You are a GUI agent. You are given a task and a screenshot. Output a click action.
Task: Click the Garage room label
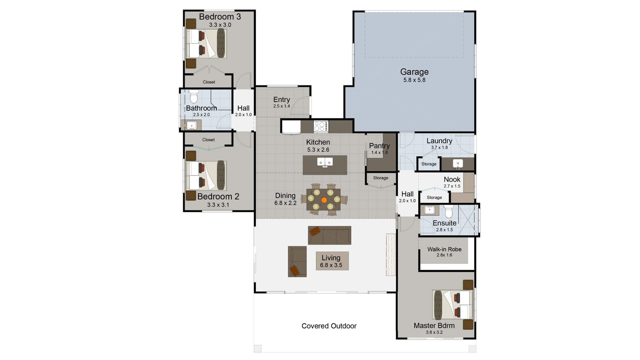coord(414,72)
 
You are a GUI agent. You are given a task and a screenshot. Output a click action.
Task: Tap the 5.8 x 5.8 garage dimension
coord(414,80)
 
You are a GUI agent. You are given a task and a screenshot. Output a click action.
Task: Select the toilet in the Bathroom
coord(194,96)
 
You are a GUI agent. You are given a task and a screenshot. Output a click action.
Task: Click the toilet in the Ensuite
coord(449,211)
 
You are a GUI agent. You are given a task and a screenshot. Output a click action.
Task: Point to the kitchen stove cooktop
coord(321,126)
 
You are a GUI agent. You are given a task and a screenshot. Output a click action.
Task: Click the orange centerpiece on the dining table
coord(324,200)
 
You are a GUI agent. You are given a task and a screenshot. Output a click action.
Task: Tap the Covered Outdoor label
coord(329,326)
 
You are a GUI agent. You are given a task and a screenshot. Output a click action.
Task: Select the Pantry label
coord(380,146)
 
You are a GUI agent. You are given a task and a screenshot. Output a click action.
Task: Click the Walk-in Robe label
coord(444,249)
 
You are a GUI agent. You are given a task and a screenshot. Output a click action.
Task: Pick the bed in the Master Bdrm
coord(453,305)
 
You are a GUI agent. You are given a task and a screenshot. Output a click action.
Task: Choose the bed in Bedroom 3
coord(206,43)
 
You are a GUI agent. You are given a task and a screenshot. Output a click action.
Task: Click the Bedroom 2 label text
coord(218,197)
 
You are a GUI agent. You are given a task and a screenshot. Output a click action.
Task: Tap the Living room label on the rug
coord(331,258)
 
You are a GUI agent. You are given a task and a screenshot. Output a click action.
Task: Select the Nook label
coord(452,180)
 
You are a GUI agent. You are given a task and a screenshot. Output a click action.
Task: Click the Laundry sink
coord(458,164)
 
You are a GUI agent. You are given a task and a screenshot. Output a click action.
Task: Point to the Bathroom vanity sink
coord(191,125)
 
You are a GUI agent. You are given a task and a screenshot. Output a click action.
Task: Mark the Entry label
coord(281,100)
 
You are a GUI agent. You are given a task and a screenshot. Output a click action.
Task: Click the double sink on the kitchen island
coord(325,162)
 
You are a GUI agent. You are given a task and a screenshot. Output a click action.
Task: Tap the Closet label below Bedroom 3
coord(209,82)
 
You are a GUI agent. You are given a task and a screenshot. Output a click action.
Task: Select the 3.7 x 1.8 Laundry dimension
coord(440,148)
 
